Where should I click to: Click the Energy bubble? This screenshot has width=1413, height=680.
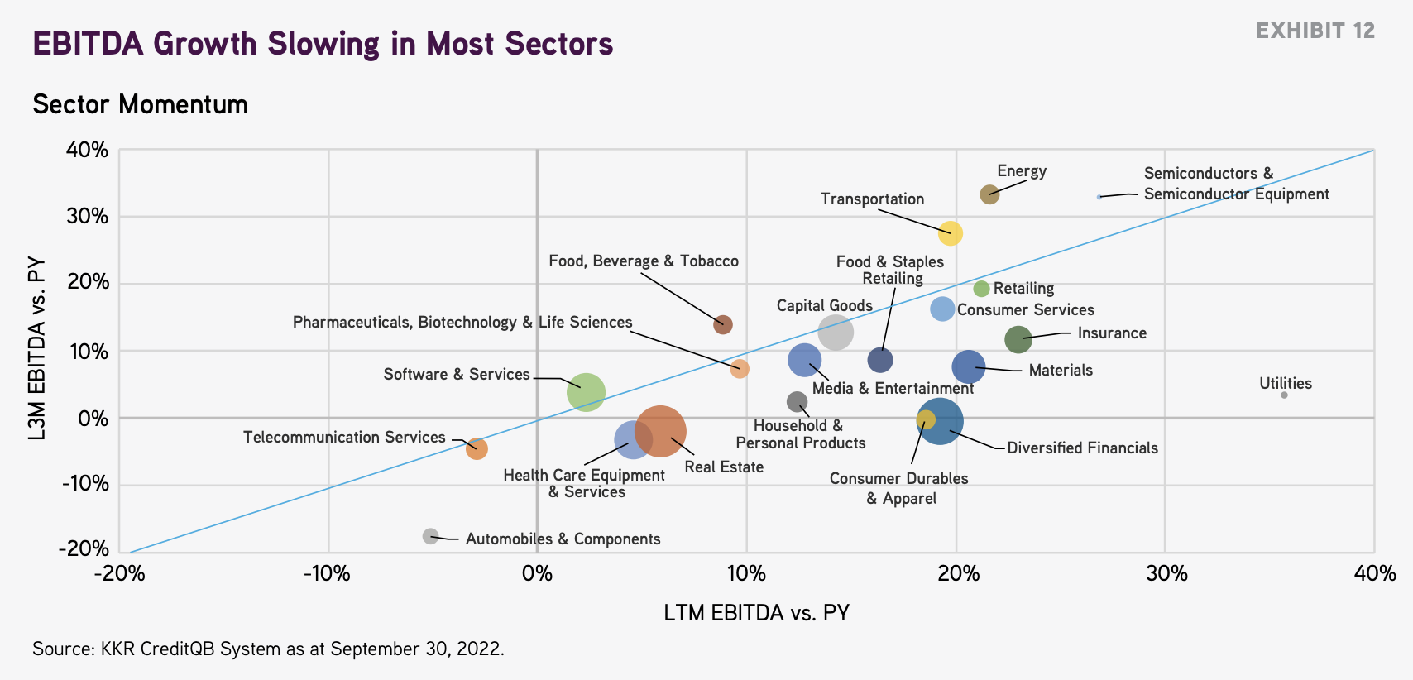point(989,194)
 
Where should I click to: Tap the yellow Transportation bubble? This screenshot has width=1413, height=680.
point(951,233)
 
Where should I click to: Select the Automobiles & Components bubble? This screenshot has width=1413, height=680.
point(430,536)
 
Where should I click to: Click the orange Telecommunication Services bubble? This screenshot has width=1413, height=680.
point(477,448)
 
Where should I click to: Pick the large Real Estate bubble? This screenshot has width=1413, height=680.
point(660,431)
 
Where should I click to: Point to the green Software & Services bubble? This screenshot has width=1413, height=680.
point(586,392)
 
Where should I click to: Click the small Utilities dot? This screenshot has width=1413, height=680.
point(1284,395)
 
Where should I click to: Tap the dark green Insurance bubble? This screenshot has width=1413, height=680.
point(1018,339)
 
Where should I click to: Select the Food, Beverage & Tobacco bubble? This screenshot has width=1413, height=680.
point(723,324)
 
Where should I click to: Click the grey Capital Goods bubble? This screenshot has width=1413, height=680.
point(836,333)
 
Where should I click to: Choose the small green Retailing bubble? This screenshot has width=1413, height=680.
point(981,289)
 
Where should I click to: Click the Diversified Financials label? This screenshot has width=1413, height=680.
point(1082,448)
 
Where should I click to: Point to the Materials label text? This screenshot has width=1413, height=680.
point(1061,370)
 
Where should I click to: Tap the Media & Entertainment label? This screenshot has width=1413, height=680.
point(893,388)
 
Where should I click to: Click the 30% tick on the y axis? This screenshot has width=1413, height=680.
point(88,216)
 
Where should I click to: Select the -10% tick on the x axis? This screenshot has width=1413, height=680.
point(327,573)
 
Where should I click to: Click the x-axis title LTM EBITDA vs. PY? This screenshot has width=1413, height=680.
point(756,613)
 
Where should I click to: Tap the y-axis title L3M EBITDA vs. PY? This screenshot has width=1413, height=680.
point(36,348)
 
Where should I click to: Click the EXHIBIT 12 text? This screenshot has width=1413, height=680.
point(1315,31)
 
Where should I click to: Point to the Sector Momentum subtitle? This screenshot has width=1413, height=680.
point(140,104)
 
